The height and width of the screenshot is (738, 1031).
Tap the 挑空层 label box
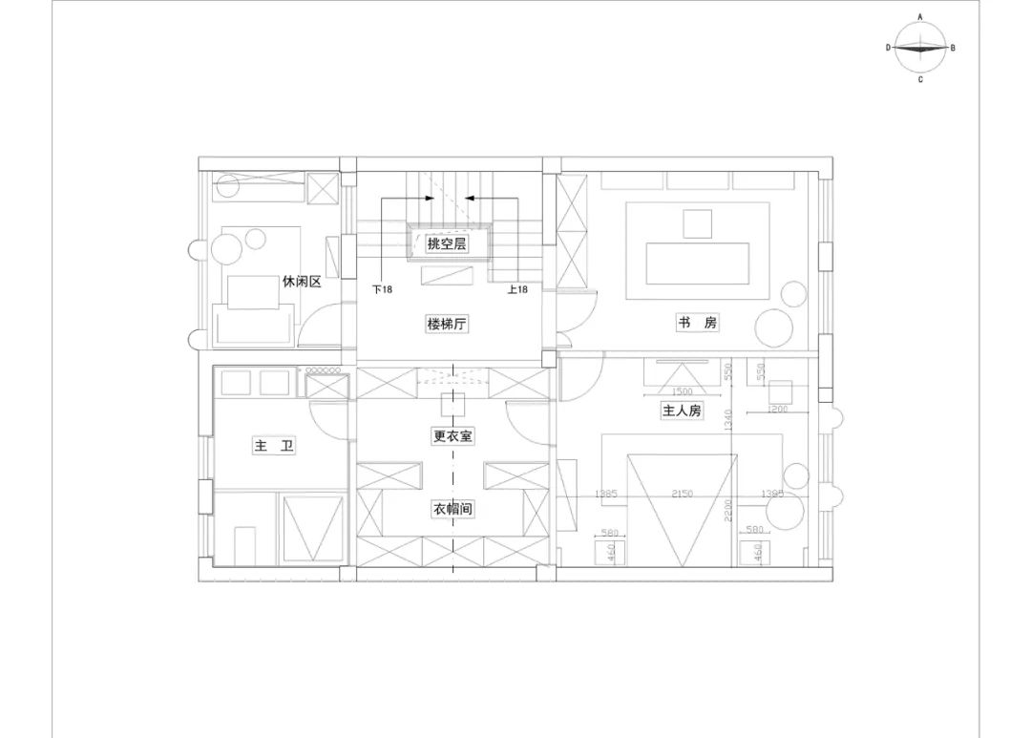[x=447, y=244]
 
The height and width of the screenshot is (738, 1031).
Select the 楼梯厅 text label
[x=447, y=325]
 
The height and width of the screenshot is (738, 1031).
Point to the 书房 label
[x=698, y=324]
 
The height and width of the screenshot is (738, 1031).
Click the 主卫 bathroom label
[x=273, y=446]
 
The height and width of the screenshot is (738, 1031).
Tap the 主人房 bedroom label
[x=683, y=411]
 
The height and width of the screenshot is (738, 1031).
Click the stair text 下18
[x=382, y=289]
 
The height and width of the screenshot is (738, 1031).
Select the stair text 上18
[x=517, y=289]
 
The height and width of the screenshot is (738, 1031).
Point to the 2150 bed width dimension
[x=683, y=494]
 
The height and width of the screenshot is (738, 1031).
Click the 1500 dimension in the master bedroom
[x=683, y=391]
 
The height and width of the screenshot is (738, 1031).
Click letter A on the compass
[x=920, y=16]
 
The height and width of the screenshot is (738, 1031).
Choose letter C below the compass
[x=920, y=80]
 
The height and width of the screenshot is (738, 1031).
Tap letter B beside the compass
[x=953, y=47]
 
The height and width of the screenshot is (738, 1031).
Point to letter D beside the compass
[x=888, y=47]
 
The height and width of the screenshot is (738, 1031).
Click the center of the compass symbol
[x=920, y=48]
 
